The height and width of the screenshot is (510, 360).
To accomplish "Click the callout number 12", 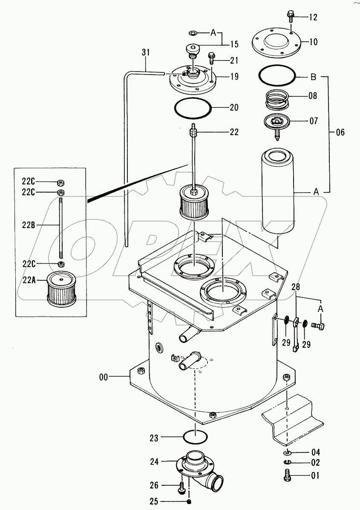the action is [313, 17].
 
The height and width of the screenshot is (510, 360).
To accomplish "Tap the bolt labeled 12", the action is [291, 16].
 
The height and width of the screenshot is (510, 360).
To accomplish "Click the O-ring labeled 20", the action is [193, 107].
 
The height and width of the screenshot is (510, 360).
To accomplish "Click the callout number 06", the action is [340, 133].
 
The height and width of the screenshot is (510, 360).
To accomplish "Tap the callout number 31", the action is [146, 52].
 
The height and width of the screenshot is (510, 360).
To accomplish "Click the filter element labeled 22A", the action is [61, 288].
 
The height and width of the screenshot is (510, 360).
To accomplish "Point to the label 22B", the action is [29, 225].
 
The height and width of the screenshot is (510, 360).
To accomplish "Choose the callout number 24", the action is [155, 461].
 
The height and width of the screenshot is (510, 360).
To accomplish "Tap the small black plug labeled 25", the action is [189, 500].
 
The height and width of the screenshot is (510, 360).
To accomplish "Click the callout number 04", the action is [316, 452].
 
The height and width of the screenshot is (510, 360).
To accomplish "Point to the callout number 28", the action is [296, 287].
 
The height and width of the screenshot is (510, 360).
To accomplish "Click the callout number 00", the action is [104, 377].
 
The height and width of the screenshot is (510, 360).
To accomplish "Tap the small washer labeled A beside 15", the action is [193, 32].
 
